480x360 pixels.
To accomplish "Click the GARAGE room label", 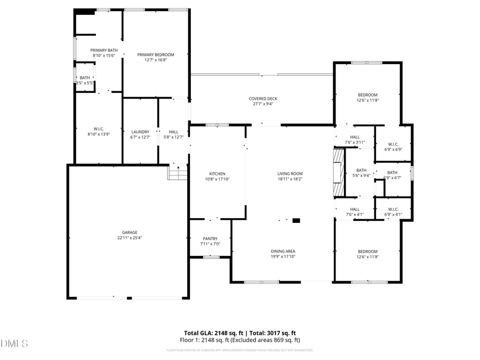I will coord(130,232).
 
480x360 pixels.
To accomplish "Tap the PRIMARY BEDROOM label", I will coord(156,54).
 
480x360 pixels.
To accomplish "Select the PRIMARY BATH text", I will coord(104,50).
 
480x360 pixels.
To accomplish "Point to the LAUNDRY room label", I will coord(140,132).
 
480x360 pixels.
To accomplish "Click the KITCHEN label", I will coord(217,174).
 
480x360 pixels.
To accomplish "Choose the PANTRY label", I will coord(210,238).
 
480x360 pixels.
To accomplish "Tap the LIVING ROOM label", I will coord(290,174).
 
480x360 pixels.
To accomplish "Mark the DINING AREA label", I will coord(283,251).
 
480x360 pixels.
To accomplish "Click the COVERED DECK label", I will coord(263,99).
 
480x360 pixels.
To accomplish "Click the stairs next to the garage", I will coord(178,172).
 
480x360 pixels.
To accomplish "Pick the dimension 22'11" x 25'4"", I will coord(130,238).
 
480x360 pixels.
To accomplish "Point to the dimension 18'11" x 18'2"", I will coord(290,179).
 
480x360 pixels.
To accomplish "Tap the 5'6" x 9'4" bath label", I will coord(361,175).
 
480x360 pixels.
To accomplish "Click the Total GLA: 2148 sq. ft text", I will coord(210,332).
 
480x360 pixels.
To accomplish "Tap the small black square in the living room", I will coord(297,220).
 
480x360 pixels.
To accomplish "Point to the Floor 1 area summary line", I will coord(240,340).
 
